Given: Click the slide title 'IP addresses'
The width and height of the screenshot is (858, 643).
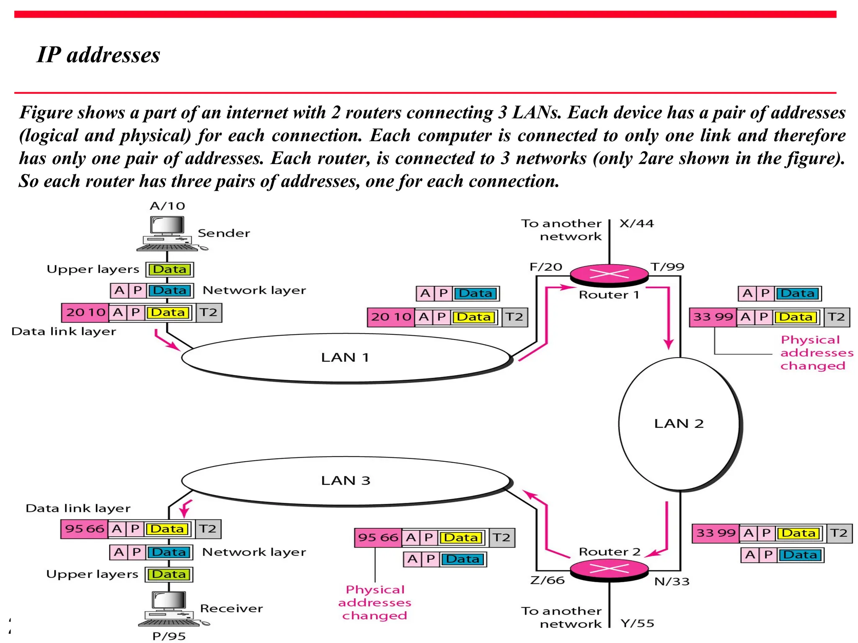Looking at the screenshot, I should click(x=98, y=55).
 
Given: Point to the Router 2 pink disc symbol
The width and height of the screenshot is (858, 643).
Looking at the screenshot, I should click(x=609, y=568).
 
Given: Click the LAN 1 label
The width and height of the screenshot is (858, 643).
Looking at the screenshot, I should click(x=345, y=358).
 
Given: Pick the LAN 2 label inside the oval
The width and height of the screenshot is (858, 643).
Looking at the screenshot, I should click(x=679, y=424).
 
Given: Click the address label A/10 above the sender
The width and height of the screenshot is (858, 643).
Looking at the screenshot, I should click(x=167, y=206).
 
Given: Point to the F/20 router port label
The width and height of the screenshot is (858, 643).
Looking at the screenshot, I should click(x=545, y=267).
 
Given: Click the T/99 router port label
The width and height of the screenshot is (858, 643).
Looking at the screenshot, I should click(x=667, y=267).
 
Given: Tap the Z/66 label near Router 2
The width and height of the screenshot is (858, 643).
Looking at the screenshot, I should click(x=547, y=580).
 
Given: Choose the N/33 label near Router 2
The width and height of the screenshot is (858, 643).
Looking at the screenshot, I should click(x=672, y=581).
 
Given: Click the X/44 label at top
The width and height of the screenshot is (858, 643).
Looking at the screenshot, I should click(x=636, y=224).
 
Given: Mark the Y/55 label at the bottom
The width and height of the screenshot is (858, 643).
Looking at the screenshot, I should click(x=637, y=623).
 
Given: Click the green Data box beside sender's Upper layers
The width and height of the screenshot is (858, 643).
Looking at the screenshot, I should click(x=170, y=269).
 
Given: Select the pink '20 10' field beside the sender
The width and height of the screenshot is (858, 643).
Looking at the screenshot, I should click(x=85, y=312).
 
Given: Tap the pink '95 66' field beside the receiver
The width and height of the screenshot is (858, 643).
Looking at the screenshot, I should click(x=84, y=529).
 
